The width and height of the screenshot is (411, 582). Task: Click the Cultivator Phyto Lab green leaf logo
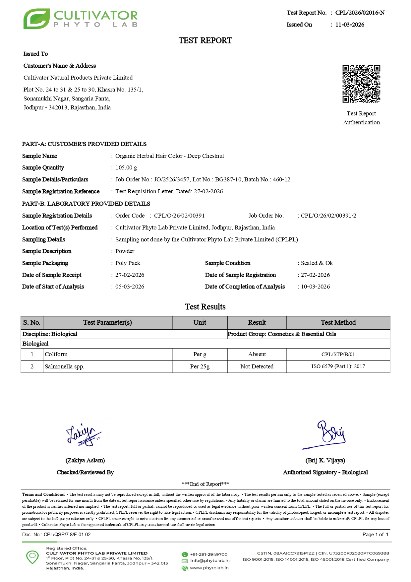[36, 19]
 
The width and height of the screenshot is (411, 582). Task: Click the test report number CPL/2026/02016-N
[360, 13]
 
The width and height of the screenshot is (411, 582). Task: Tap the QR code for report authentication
[361, 84]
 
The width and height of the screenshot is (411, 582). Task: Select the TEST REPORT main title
[205, 40]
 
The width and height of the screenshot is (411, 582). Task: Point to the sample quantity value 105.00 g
[126, 168]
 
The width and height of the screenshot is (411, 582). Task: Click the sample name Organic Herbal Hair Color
[169, 156]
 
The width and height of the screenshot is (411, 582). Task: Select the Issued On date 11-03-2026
[350, 25]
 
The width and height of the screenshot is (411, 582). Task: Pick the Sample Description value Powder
[125, 251]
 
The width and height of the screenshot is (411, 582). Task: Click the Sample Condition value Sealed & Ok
[317, 263]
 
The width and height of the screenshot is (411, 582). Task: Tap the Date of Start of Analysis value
[130, 287]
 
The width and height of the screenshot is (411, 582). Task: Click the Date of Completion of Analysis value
[315, 287]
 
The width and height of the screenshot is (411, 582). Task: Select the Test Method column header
[338, 323]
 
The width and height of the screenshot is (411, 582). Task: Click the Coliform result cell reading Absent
[257, 355]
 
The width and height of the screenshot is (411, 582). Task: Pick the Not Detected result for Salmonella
[257, 367]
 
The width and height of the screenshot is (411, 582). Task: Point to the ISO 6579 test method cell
[338, 367]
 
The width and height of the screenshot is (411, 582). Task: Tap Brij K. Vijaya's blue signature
[328, 434]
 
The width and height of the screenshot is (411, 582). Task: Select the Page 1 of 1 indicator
[375, 535]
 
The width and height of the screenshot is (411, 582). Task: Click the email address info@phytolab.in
[209, 561]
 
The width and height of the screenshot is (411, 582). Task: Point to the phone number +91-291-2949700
[208, 554]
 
